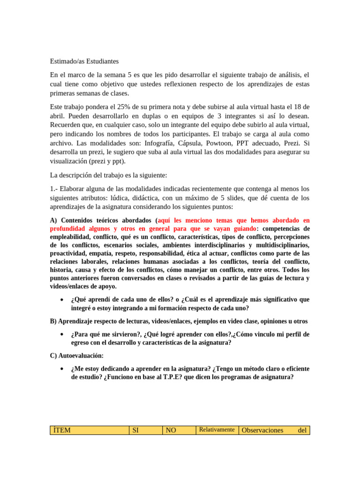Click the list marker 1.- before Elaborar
tap(55, 189)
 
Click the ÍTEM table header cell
tap(89, 430)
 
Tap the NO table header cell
tap(179, 430)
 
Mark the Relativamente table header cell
tap(217, 430)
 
